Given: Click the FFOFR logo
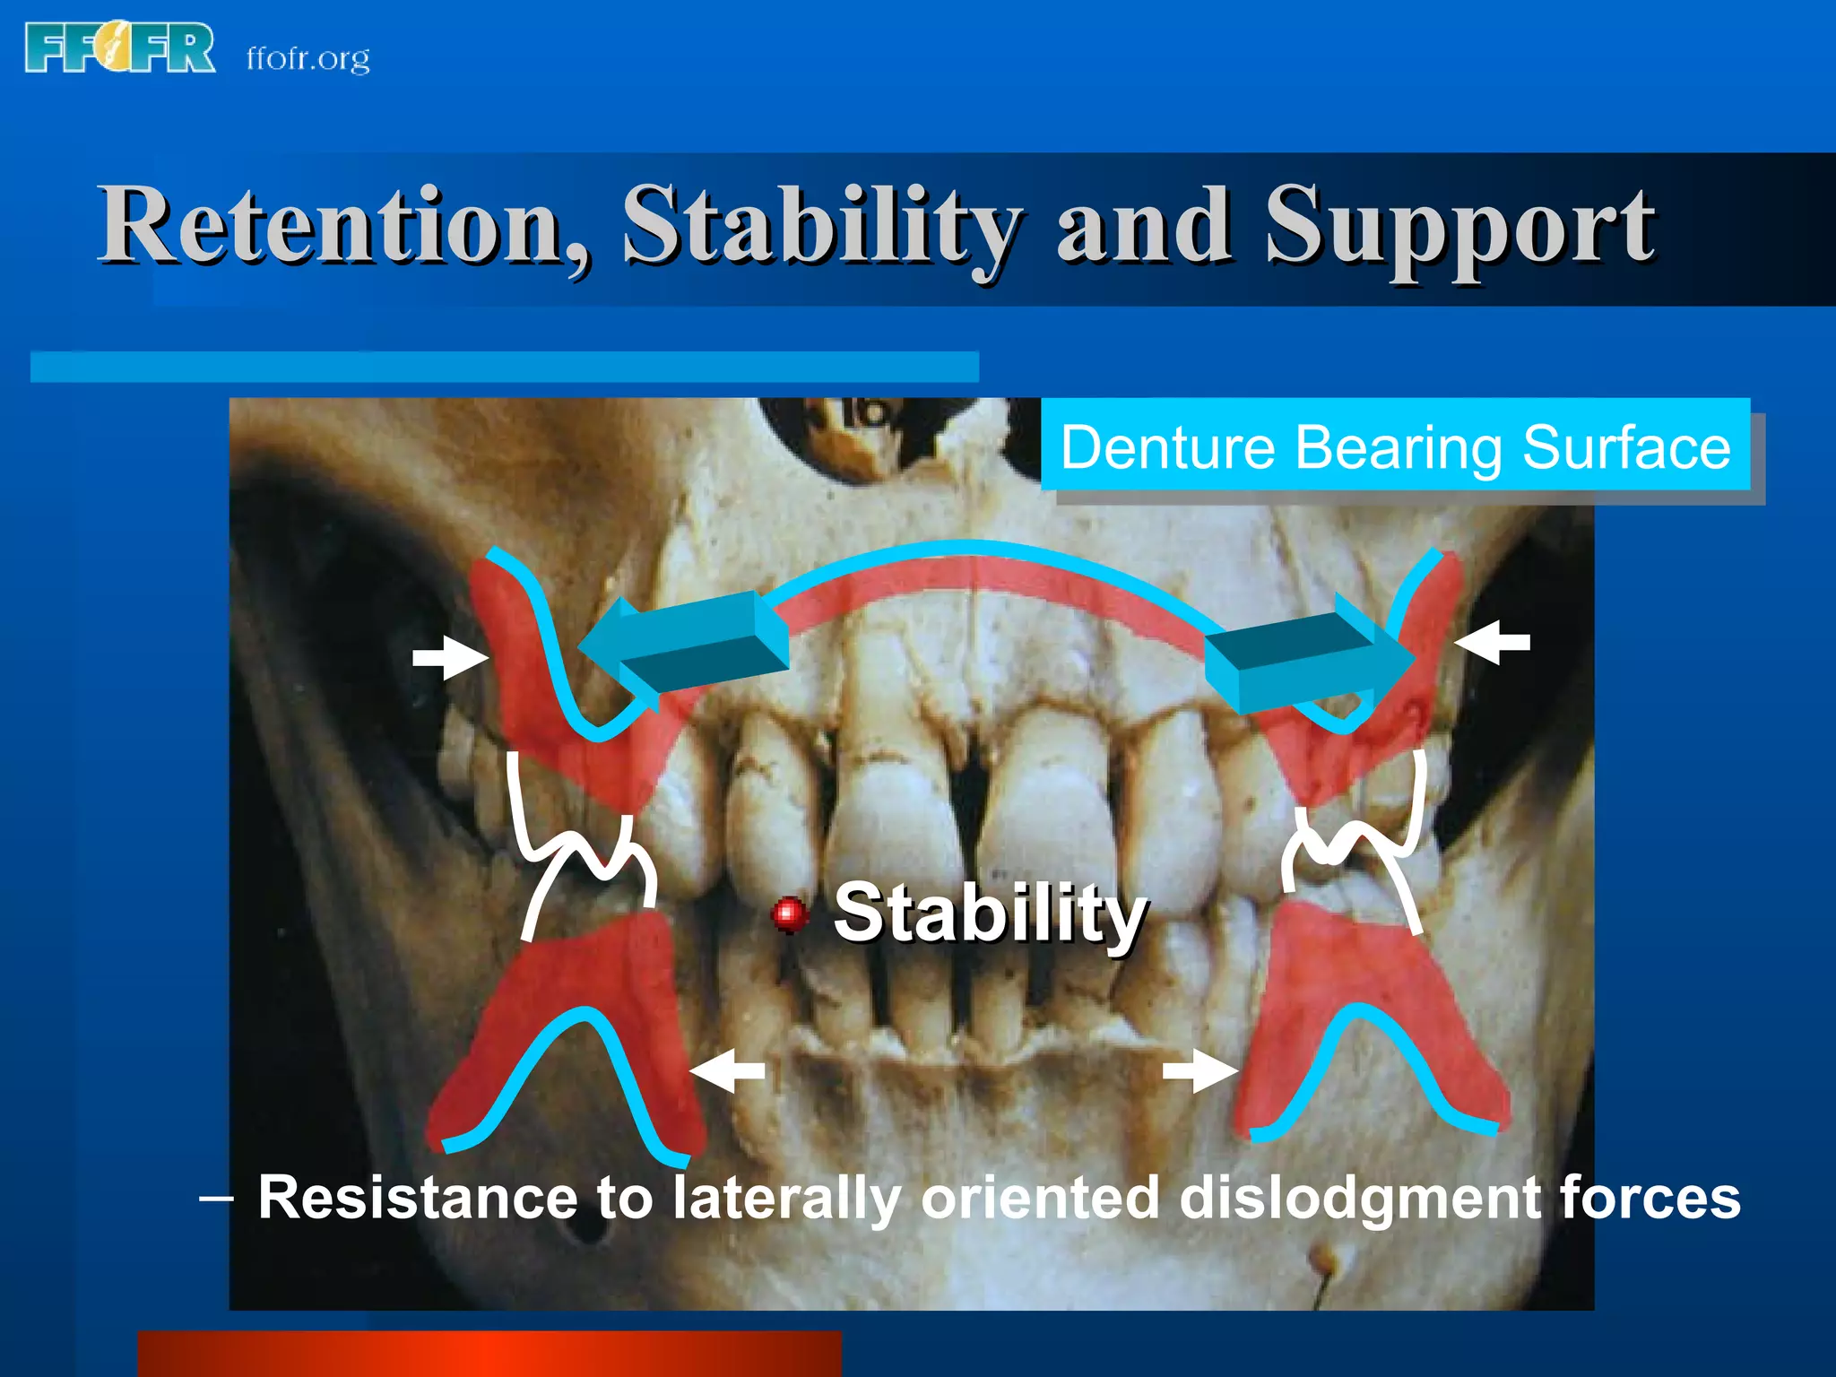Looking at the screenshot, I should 120,48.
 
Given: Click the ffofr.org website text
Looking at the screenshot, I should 307,58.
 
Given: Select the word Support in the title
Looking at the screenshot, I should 1459,227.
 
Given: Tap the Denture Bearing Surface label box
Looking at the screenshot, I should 1395,446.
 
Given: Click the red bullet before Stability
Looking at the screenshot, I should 789,914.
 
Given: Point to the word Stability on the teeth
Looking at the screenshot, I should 990,914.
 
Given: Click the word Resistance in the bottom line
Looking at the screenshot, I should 418,1198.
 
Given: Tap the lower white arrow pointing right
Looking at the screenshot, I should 1199,1070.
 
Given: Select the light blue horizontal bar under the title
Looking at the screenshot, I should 504,368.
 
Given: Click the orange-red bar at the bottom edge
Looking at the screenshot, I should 489,1354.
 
